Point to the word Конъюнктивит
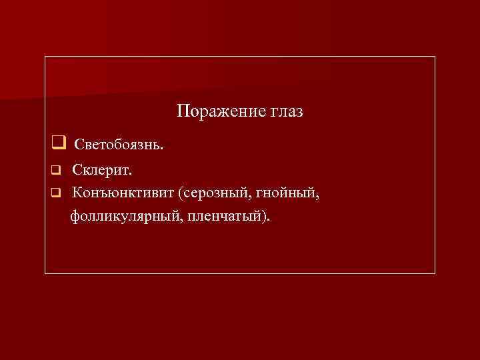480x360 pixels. pyautogui.click(x=124, y=193)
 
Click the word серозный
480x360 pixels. pyautogui.click(x=213, y=193)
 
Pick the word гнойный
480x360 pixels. pyautogui.click(x=283, y=193)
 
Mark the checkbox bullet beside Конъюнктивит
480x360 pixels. pyautogui.click(x=57, y=193)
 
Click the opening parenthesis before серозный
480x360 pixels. pyautogui.click(x=180, y=193)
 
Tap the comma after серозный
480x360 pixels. pyautogui.click(x=247, y=197)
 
